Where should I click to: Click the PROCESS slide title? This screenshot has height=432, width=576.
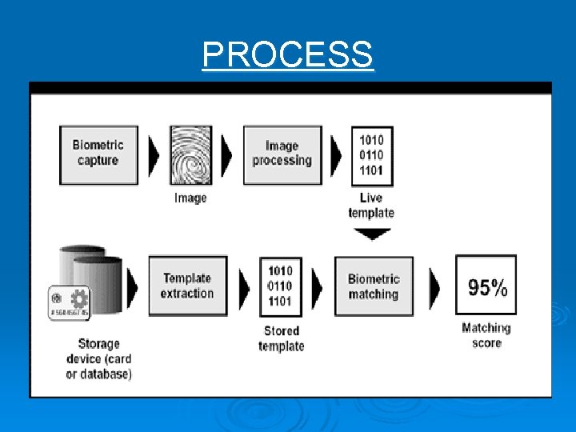[287, 55]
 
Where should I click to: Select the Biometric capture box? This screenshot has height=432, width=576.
[98, 154]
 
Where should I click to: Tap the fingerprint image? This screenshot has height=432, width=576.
[191, 154]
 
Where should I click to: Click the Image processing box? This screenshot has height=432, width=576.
[282, 154]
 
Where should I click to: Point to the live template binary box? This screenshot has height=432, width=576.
[371, 155]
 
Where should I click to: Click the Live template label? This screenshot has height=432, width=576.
[371, 206]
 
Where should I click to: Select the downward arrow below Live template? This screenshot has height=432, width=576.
[372, 234]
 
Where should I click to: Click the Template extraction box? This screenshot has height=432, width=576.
[187, 286]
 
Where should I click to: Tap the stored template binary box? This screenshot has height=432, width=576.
[281, 286]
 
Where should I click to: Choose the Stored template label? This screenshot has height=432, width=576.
[281, 338]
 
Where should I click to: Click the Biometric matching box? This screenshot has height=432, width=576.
[374, 286]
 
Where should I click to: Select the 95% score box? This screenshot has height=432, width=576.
[486, 286]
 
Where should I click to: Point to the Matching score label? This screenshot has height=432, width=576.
[486, 335]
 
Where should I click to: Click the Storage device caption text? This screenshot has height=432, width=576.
[99, 359]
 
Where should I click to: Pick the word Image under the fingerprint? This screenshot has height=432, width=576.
[190, 198]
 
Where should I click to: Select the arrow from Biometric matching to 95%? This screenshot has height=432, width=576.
[434, 286]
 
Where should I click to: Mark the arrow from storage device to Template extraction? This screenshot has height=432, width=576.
[132, 286]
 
